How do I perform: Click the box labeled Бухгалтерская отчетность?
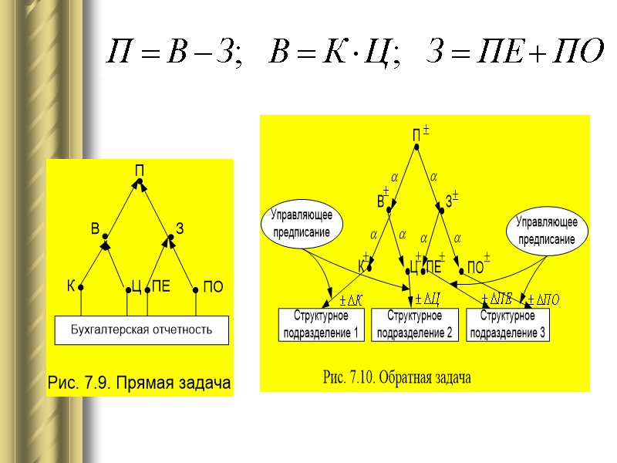(x=140, y=330)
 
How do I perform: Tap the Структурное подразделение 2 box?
(x=414, y=325)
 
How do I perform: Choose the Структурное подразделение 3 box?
(x=507, y=325)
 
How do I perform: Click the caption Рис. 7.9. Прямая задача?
(x=140, y=383)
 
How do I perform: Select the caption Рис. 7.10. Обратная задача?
(x=396, y=377)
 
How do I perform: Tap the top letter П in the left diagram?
(x=140, y=170)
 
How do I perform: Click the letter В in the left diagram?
(x=96, y=229)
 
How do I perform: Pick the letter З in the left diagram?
(x=180, y=229)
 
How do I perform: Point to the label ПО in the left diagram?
(x=213, y=287)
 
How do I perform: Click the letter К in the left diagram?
(x=70, y=286)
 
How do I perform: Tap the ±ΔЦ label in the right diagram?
(x=427, y=299)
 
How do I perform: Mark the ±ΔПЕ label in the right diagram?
(x=497, y=299)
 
